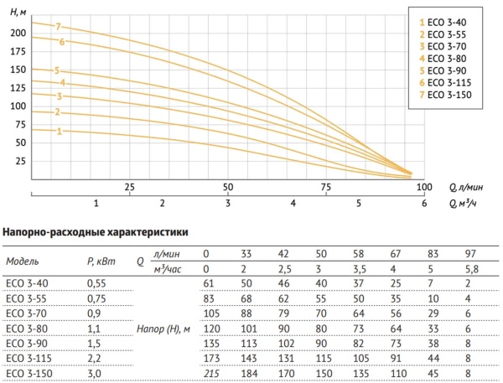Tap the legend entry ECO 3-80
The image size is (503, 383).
click(x=444, y=59)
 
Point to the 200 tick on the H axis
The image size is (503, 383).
click(x=16, y=34)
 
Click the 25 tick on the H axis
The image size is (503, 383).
click(x=19, y=160)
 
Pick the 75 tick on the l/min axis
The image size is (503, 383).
click(x=325, y=187)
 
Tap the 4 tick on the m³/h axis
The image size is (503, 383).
click(x=293, y=203)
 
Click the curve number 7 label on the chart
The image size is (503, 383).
click(x=59, y=27)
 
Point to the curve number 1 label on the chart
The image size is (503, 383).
click(x=59, y=132)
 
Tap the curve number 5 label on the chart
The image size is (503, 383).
click(x=57, y=70)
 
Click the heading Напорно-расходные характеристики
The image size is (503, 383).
click(x=96, y=230)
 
